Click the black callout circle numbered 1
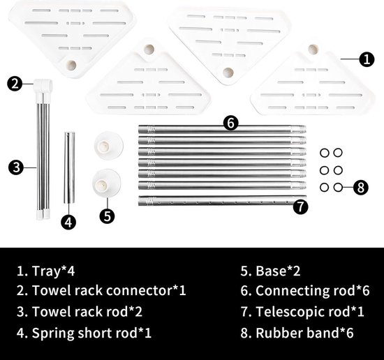click(x=367, y=59)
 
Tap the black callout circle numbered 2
click(x=15, y=84)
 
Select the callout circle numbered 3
click(x=16, y=167)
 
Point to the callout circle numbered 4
click(x=68, y=223)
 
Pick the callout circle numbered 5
click(x=107, y=216)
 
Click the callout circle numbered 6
click(x=230, y=123)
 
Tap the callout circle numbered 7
click(x=300, y=207)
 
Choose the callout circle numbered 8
click(x=361, y=188)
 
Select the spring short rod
click(x=69, y=168)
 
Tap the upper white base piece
click(x=108, y=146)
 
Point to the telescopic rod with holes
click(x=216, y=201)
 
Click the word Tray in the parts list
click(x=46, y=271)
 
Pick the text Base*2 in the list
click(x=278, y=271)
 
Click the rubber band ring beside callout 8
click(x=338, y=188)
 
